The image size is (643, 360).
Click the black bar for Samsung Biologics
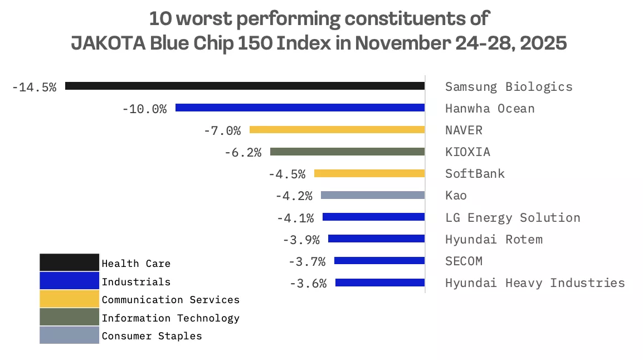tap(245, 86)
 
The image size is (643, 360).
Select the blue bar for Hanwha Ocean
tap(300, 108)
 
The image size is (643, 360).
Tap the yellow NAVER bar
tap(337, 130)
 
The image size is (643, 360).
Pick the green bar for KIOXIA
tap(347, 152)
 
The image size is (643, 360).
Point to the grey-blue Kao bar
tap(373, 195)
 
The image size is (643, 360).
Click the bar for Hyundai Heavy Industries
tap(380, 283)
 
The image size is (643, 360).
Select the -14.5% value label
tap(34, 87)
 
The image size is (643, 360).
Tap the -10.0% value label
tap(144, 109)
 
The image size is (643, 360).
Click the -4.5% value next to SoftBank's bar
tap(287, 174)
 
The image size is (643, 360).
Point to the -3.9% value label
tap(301, 240)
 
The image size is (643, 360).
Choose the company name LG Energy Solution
tap(512, 217)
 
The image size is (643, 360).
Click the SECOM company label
tap(464, 261)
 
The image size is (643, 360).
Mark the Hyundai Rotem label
tap(493, 239)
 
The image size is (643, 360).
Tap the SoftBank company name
tap(475, 173)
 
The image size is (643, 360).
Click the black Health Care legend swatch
tap(69, 262)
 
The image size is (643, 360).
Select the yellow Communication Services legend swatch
tap(69, 299)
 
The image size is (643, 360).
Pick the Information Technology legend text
tap(170, 318)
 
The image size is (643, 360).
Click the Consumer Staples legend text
tap(152, 335)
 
